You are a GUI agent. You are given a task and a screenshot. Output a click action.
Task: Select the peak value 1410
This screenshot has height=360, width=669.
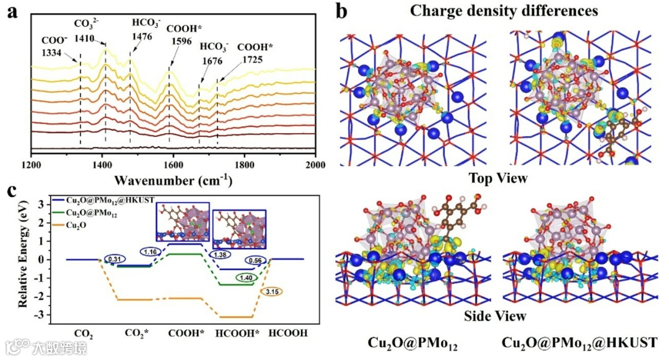coord(85,38)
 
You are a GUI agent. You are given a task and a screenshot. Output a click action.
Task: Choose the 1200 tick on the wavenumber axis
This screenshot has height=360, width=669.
coord(31,166)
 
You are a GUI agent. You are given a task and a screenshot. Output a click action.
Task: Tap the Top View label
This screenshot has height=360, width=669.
coord(498,179)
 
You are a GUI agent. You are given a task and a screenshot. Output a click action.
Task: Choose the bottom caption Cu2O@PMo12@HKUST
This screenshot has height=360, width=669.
coord(579,343)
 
